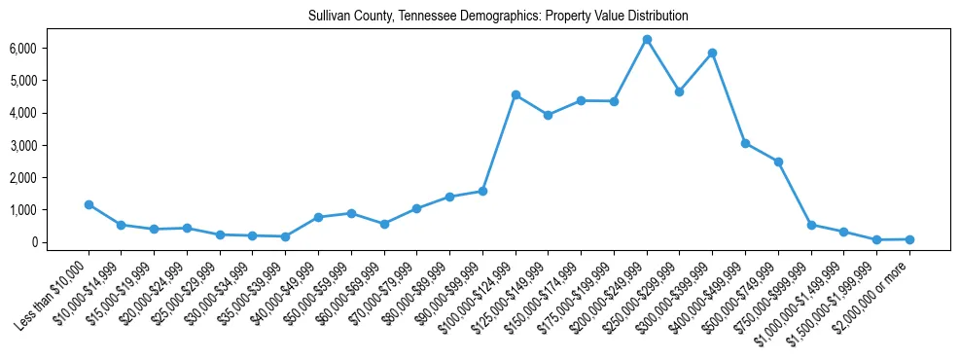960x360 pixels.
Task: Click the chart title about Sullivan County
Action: (x=497, y=16)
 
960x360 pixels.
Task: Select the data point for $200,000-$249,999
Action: (x=647, y=39)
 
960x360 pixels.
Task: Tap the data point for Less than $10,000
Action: (x=89, y=204)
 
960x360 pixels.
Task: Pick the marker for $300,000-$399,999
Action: (x=713, y=53)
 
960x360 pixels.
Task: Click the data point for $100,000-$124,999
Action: (x=516, y=94)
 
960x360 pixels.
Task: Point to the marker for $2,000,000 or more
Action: (x=909, y=239)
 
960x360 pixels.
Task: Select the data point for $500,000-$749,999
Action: (x=778, y=162)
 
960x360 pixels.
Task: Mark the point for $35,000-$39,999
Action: (x=285, y=236)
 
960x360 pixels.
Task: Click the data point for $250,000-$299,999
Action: (x=680, y=91)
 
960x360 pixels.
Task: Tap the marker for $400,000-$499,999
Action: (x=745, y=143)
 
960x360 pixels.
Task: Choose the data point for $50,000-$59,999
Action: (x=351, y=213)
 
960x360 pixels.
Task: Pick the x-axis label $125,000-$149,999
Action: (x=513, y=288)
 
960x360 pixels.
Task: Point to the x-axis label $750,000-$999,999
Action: (x=775, y=288)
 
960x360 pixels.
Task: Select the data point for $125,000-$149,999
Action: (x=549, y=115)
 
